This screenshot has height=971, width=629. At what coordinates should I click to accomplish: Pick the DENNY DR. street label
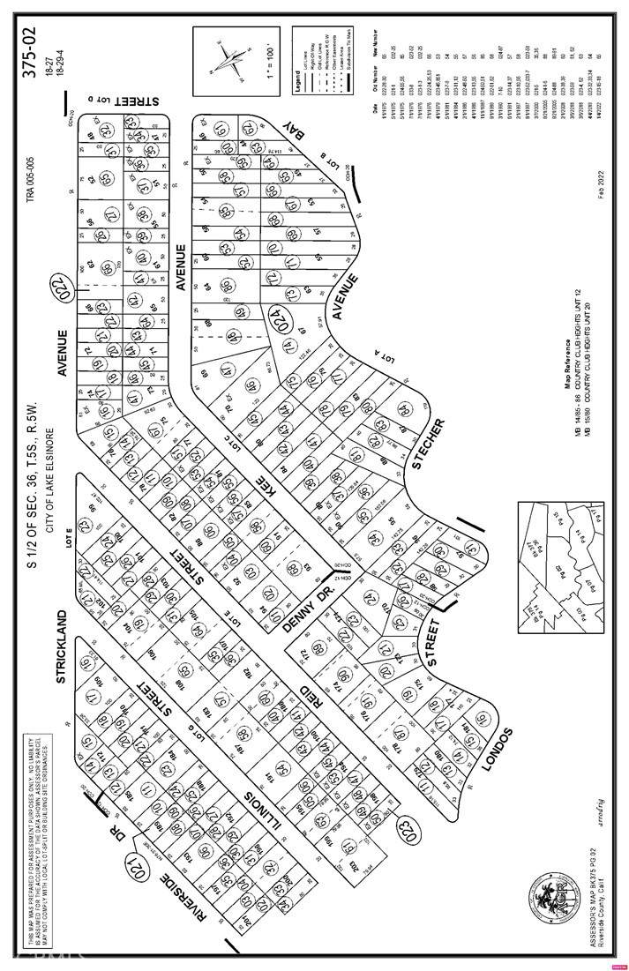pyautogui.click(x=308, y=609)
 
